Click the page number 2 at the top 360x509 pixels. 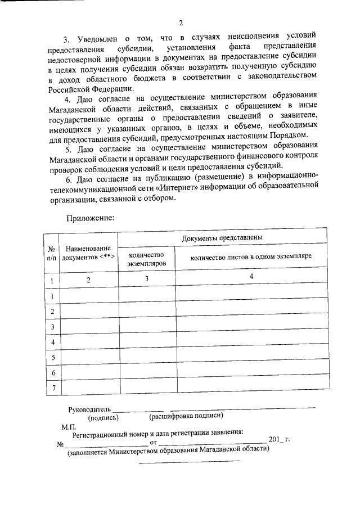181,23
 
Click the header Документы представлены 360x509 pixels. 223,238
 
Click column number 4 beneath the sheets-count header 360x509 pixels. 251,277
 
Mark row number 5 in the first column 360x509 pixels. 52,357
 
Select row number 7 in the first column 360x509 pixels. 52,388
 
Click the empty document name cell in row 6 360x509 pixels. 88,372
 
